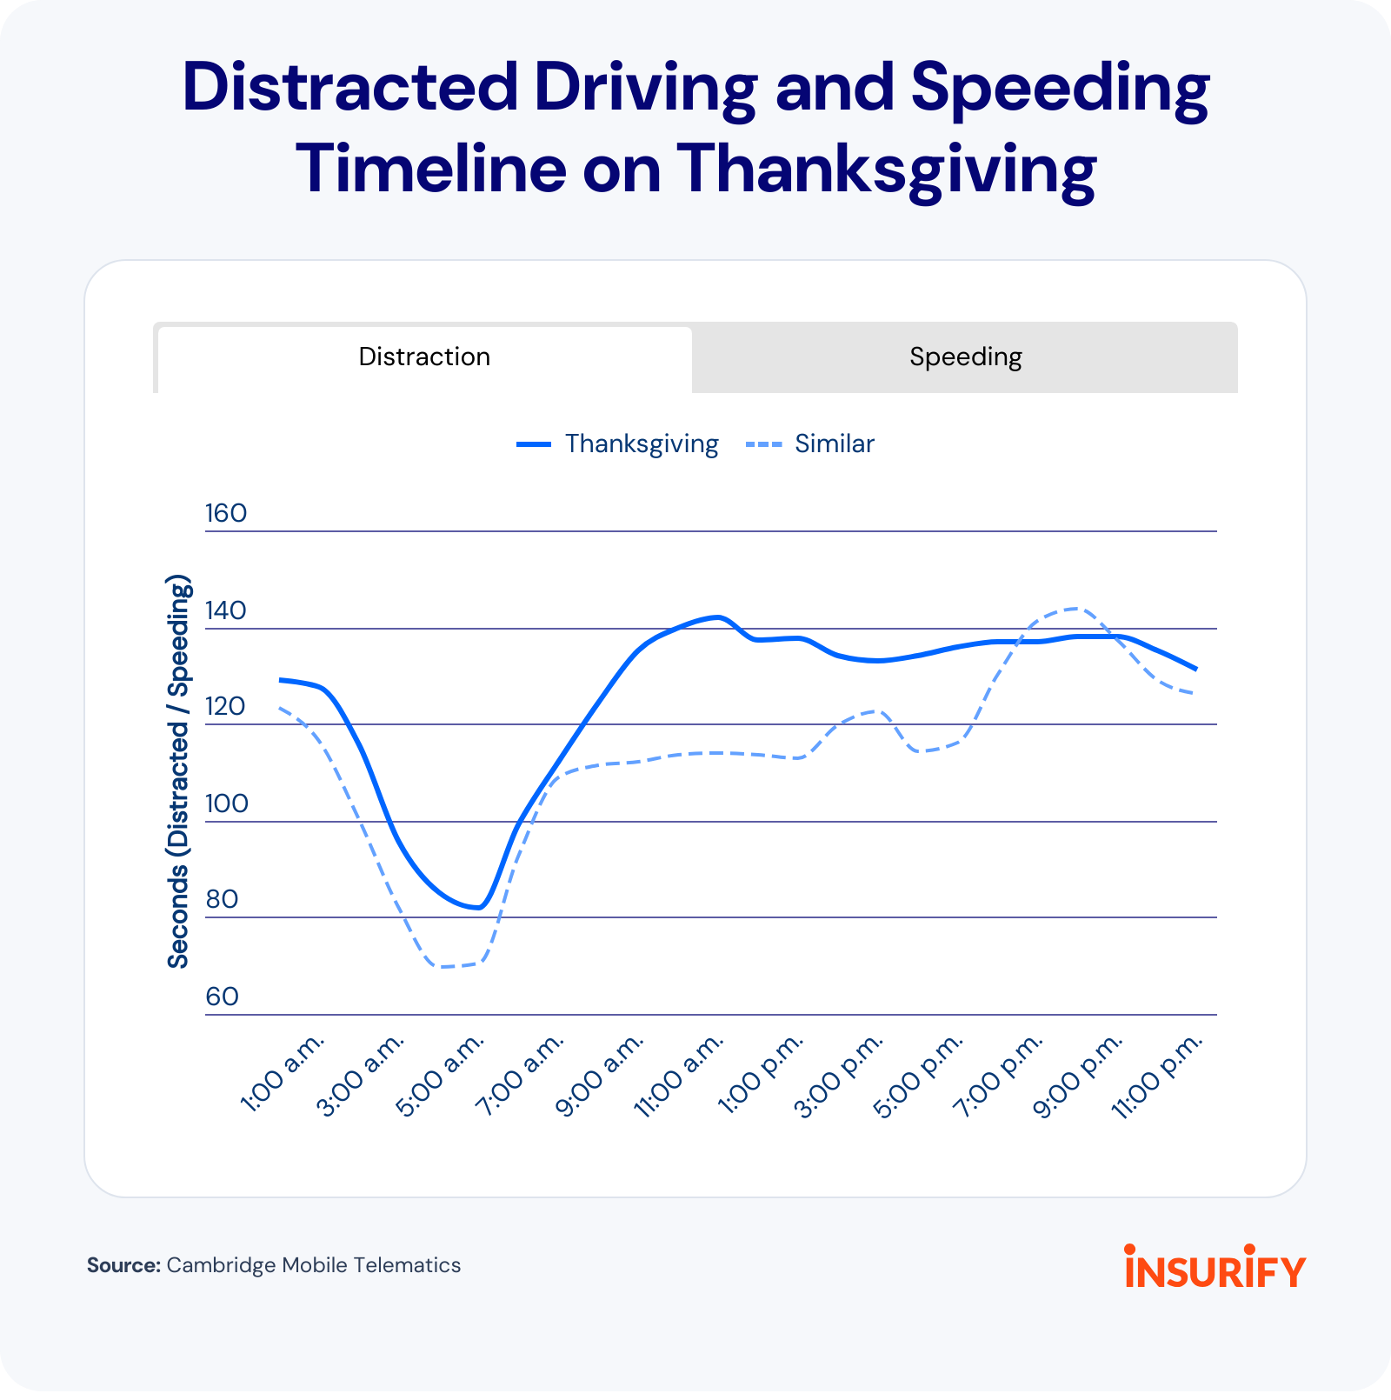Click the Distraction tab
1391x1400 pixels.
(424, 357)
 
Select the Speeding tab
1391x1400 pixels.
(965, 357)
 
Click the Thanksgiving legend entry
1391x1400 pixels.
(618, 444)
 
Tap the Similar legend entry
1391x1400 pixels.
(810, 444)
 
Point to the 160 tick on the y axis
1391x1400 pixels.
(226, 513)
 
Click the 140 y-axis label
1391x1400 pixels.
(226, 610)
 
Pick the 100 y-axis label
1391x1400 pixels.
(226, 803)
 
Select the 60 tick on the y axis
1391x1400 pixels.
(223, 997)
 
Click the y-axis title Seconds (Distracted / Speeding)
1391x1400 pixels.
(178, 771)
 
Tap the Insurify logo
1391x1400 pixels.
(1215, 1267)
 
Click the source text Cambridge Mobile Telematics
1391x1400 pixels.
(313, 1265)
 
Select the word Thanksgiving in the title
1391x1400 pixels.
(886, 169)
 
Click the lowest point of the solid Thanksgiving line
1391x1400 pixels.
(478, 908)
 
